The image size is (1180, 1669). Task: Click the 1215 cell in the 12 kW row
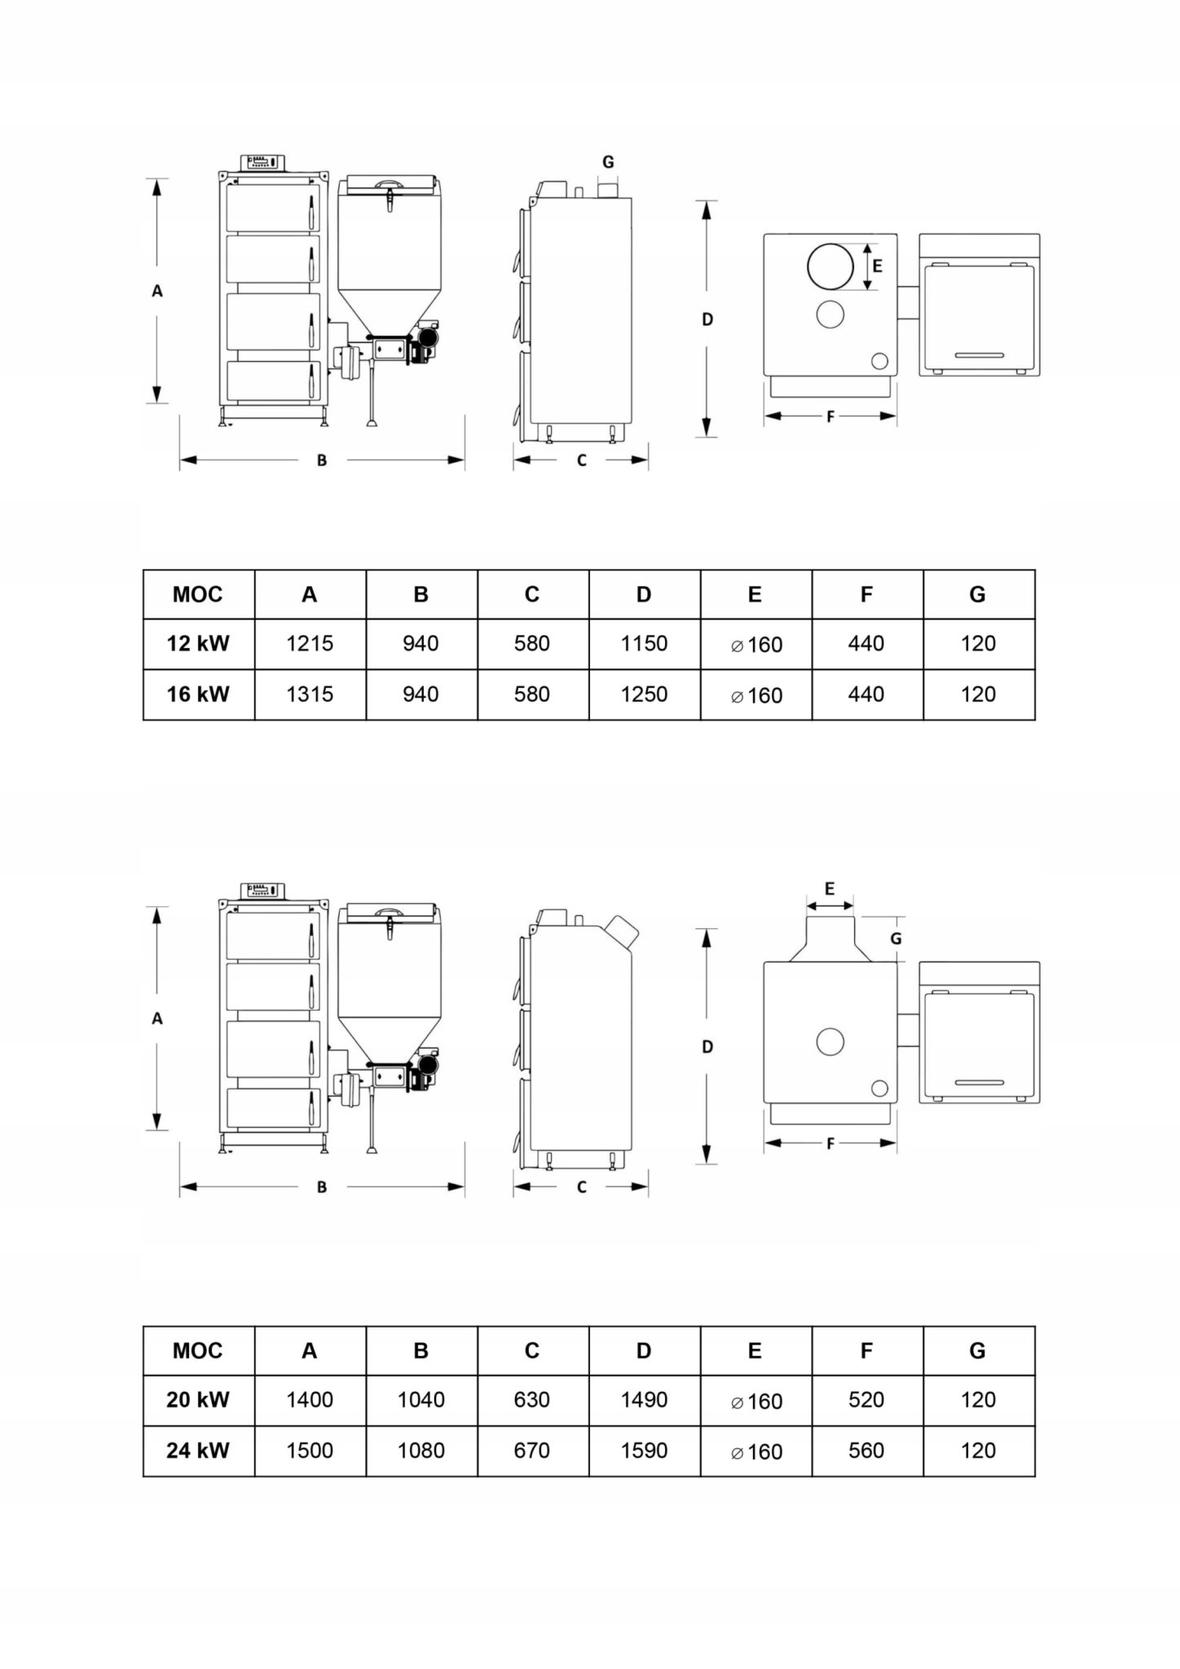click(310, 644)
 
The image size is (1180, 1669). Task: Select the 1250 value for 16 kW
click(644, 694)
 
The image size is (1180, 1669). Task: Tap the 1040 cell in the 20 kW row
click(421, 1400)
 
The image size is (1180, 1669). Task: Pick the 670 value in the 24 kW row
click(532, 1451)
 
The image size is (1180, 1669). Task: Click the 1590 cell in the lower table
click(644, 1451)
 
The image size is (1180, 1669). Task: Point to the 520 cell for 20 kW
click(866, 1400)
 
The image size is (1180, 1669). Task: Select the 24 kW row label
click(198, 1451)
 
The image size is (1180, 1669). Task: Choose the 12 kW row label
click(198, 644)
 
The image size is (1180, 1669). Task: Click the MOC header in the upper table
click(198, 595)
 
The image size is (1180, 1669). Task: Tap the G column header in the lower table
click(978, 1351)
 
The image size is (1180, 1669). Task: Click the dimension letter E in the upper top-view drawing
click(878, 266)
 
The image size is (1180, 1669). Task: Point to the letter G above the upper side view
click(608, 162)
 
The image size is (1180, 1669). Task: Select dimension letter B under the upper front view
click(322, 460)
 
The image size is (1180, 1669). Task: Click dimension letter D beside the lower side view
click(707, 1047)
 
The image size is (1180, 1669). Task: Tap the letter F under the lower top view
click(830, 1144)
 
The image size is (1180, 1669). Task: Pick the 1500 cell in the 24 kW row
click(310, 1451)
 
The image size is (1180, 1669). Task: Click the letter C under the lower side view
click(582, 1188)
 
